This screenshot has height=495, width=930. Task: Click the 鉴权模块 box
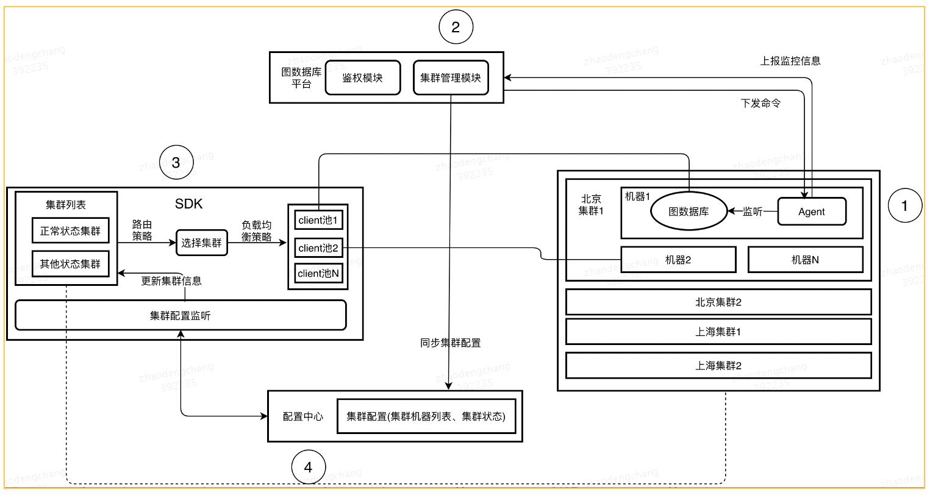[x=363, y=78]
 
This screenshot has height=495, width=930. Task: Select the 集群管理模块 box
[x=451, y=78]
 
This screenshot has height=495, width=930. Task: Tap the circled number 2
[x=456, y=27]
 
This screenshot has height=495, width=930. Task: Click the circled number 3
[x=176, y=163]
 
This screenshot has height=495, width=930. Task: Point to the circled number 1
[x=904, y=206]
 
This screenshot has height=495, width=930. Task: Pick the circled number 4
[x=308, y=468]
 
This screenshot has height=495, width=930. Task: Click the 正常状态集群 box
[x=70, y=232]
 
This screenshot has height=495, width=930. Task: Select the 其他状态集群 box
[x=70, y=265]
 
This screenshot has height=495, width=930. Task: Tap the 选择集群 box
[x=202, y=243]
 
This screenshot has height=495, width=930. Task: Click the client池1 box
[x=318, y=219]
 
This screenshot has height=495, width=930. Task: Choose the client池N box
[x=318, y=274]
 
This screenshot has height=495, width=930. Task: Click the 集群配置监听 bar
[x=181, y=315]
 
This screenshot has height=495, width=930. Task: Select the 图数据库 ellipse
[x=689, y=212]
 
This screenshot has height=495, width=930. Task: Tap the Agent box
[x=811, y=212]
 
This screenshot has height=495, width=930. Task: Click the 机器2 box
[x=678, y=260]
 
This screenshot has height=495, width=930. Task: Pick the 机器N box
[x=805, y=260]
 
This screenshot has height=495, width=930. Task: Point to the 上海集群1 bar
[x=718, y=332]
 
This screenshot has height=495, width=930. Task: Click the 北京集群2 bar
[x=718, y=302]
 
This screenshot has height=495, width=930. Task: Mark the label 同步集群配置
[x=450, y=343]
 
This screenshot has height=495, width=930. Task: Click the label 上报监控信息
[x=790, y=61]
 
